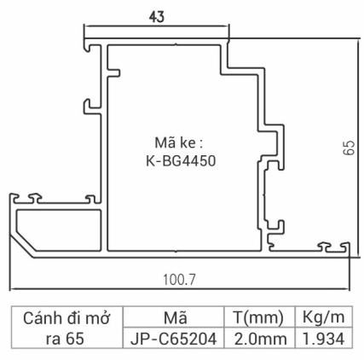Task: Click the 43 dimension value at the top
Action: pyautogui.click(x=157, y=18)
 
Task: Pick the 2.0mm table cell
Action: pyautogui.click(x=256, y=339)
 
